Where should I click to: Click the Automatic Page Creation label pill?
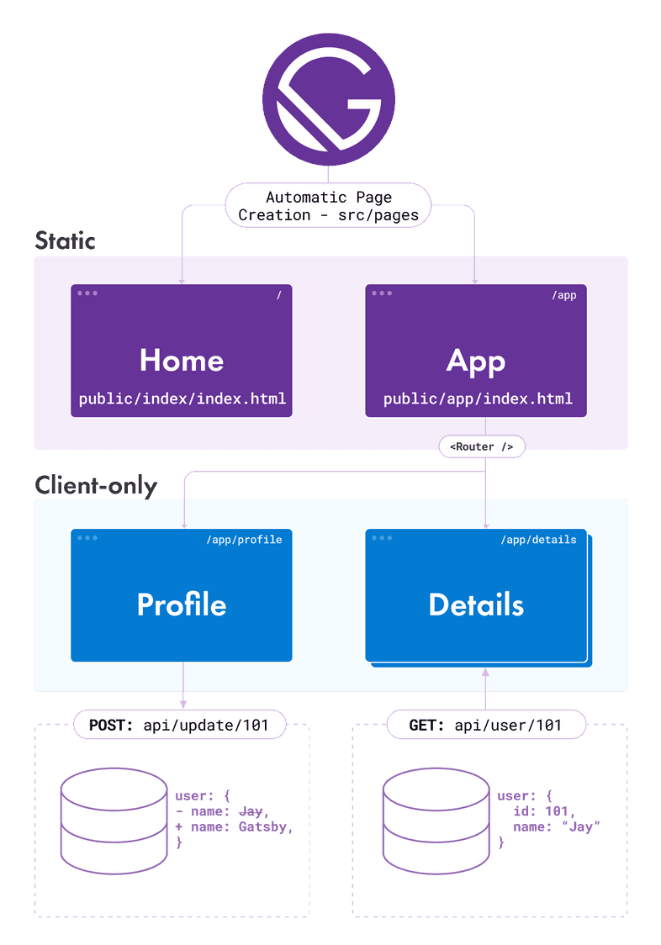click(328, 206)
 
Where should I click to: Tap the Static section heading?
click(66, 240)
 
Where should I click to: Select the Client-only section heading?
click(95, 485)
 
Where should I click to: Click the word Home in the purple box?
click(182, 360)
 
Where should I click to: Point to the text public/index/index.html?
click(182, 399)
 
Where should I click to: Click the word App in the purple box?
click(476, 360)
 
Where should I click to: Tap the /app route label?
click(563, 295)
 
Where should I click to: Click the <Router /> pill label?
click(482, 446)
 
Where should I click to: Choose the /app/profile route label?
click(244, 539)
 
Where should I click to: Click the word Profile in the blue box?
click(182, 604)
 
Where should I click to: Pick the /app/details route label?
click(538, 539)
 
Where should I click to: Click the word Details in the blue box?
click(476, 604)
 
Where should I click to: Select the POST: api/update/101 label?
click(180, 725)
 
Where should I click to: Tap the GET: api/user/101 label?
click(485, 725)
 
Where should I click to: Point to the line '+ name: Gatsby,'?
click(234, 827)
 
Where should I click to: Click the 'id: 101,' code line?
click(544, 811)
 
